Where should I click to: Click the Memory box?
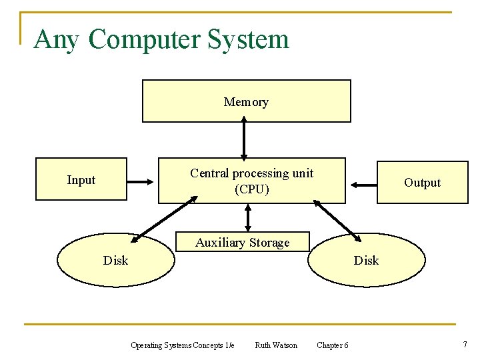[x=246, y=101]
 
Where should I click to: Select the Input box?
[x=81, y=179]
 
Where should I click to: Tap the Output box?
[x=422, y=182]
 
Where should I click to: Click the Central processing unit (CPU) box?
[x=251, y=181]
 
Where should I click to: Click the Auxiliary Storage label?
[x=242, y=243]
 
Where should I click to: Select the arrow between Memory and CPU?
[x=245, y=139]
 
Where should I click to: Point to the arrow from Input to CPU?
[x=141, y=180]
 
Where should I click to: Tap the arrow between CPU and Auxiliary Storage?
[x=248, y=217]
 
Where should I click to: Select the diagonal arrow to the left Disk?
[x=164, y=219]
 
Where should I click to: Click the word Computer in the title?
[x=144, y=39]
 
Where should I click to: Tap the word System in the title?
[x=248, y=39]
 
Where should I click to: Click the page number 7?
[x=465, y=344]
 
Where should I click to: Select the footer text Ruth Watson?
[x=276, y=345]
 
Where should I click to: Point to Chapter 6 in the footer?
[x=332, y=345]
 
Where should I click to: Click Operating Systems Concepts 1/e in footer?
[x=182, y=345]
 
